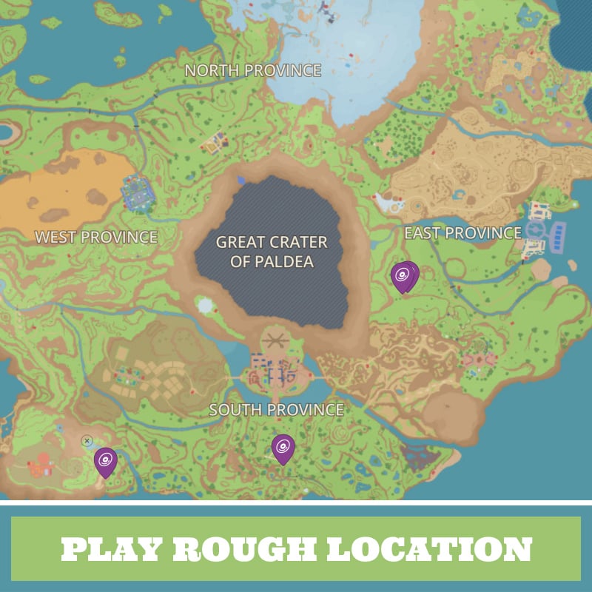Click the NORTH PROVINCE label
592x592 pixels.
click(252, 70)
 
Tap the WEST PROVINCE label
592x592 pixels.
click(96, 237)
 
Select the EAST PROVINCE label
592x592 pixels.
click(462, 233)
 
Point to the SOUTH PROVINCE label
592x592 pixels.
click(276, 409)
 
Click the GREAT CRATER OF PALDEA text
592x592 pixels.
click(272, 252)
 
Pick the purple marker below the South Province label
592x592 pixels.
click(283, 448)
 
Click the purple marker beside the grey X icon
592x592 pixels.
click(106, 461)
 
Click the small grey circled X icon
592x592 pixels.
click(87, 441)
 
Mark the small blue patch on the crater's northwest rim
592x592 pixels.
click(240, 179)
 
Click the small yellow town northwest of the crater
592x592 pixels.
click(215, 143)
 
